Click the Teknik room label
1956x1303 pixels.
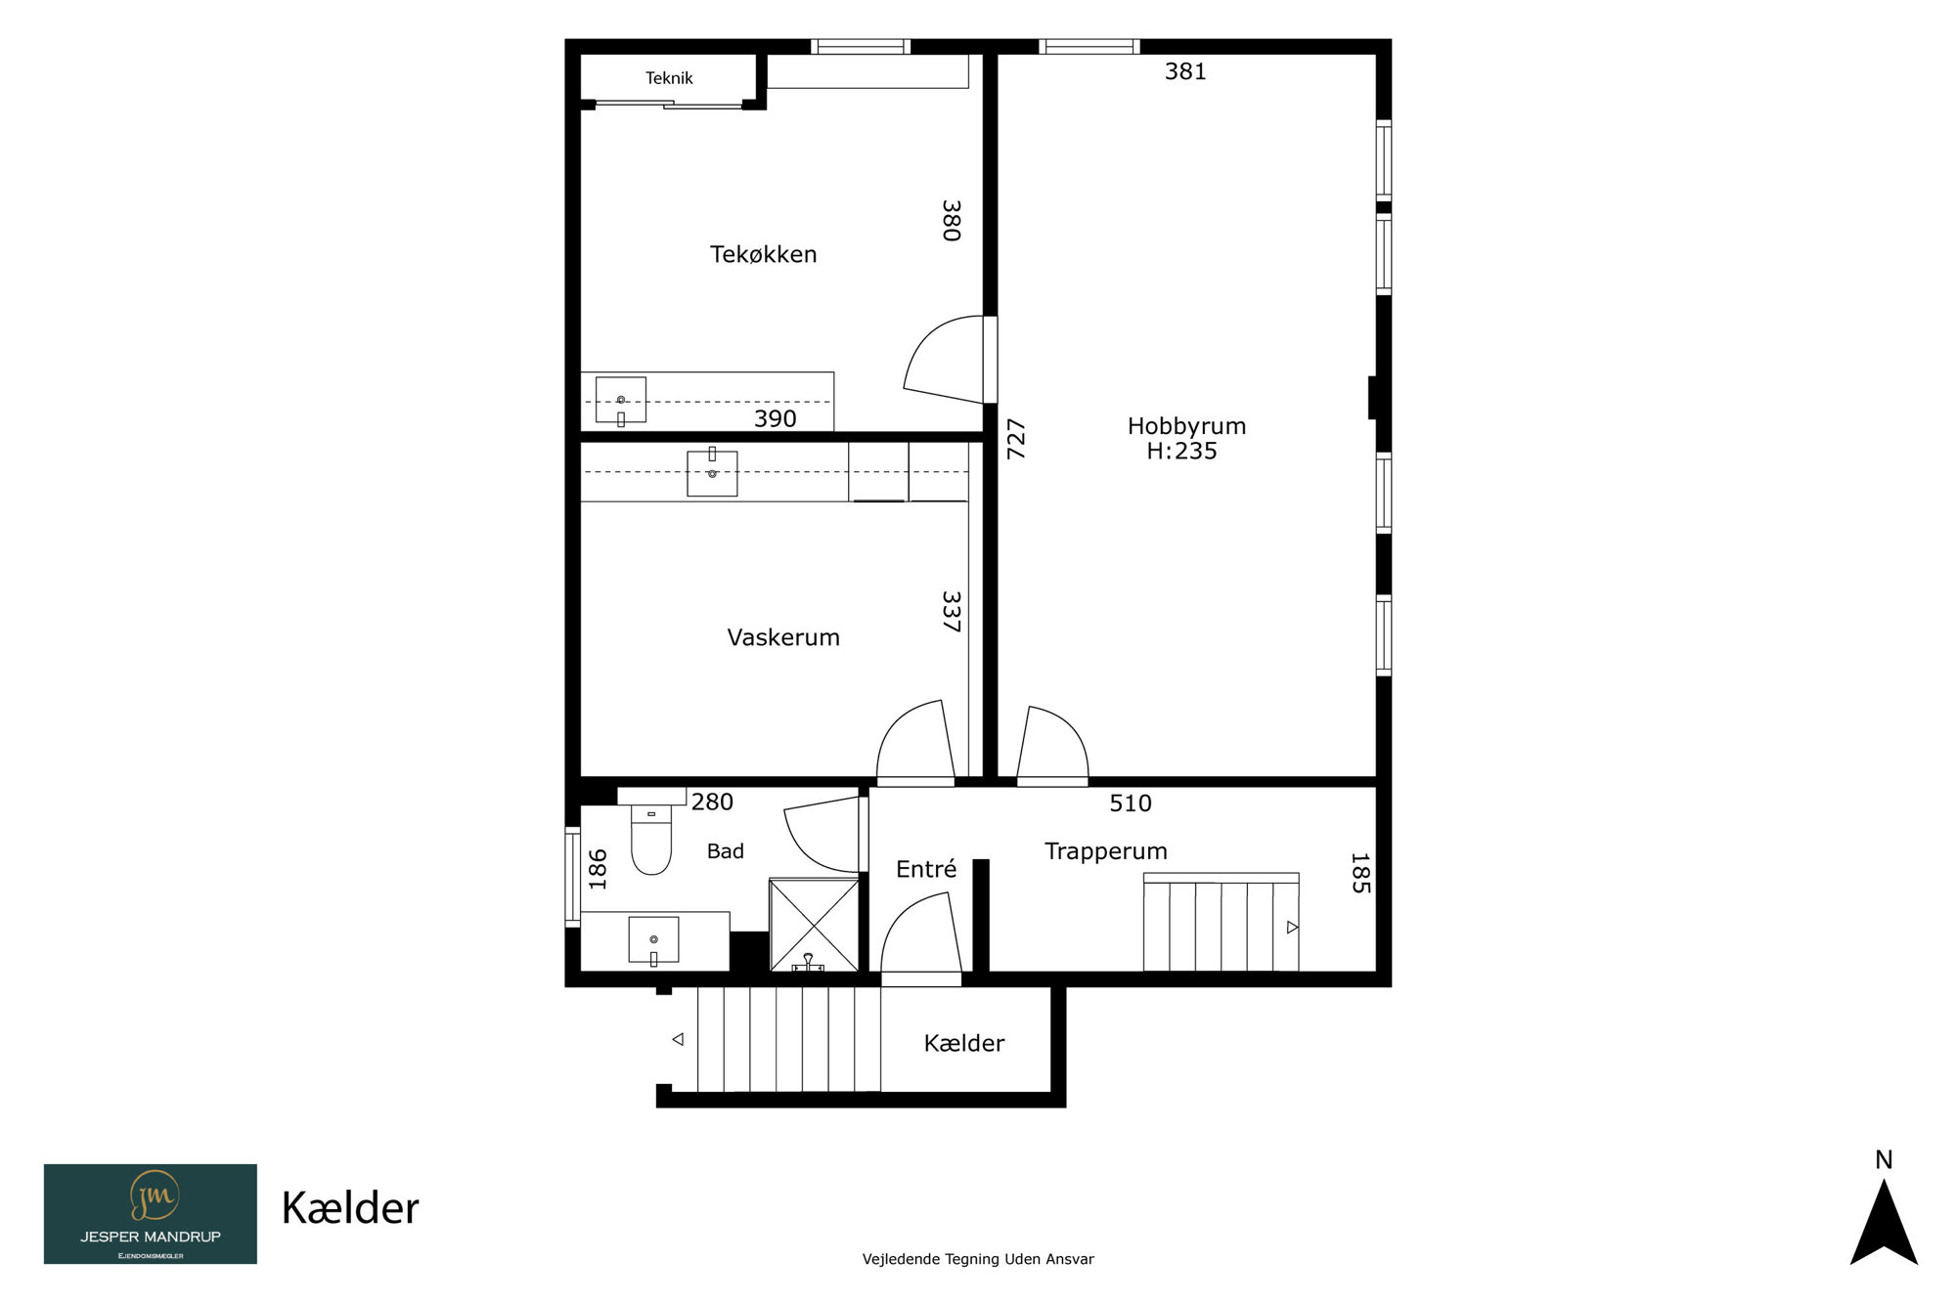669,78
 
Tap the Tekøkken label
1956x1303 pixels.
763,254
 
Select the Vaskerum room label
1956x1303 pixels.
783,637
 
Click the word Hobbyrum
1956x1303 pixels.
1186,427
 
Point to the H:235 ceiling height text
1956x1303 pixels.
1181,452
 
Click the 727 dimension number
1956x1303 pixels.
1016,439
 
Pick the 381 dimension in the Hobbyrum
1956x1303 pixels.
1185,71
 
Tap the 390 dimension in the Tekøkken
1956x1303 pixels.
775,418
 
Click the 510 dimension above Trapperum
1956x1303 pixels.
1131,804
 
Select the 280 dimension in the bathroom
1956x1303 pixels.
712,803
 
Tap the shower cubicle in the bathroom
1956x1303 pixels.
814,925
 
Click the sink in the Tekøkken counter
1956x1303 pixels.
621,401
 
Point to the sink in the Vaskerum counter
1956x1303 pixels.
712,472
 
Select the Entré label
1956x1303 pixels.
926,869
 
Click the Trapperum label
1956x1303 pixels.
1106,851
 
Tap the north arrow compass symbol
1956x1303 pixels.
1884,1221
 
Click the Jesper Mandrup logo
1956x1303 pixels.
151,1214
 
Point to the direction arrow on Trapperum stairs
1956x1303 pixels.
1292,928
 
